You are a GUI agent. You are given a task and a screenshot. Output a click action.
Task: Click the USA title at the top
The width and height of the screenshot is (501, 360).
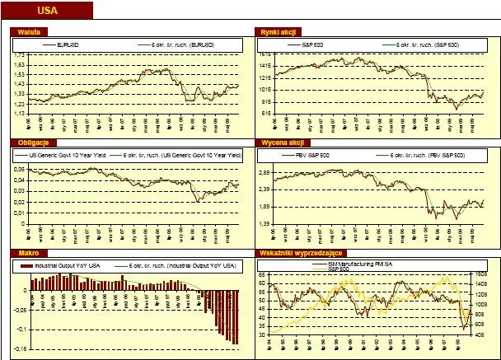coord(47,11)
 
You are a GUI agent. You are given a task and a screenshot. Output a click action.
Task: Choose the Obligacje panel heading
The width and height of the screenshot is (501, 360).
coord(28,142)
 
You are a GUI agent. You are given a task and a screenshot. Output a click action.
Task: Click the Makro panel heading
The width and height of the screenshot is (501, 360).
coord(23,253)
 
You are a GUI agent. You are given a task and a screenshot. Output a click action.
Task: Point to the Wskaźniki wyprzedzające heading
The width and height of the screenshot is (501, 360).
coord(304,253)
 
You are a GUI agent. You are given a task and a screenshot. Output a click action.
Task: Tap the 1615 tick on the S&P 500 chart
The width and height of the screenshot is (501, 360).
coord(266,54)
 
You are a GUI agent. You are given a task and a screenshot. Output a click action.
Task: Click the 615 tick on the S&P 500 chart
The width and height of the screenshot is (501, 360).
coord(267,113)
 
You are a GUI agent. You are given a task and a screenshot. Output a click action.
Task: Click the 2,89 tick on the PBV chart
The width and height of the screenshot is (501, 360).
coord(265,173)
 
